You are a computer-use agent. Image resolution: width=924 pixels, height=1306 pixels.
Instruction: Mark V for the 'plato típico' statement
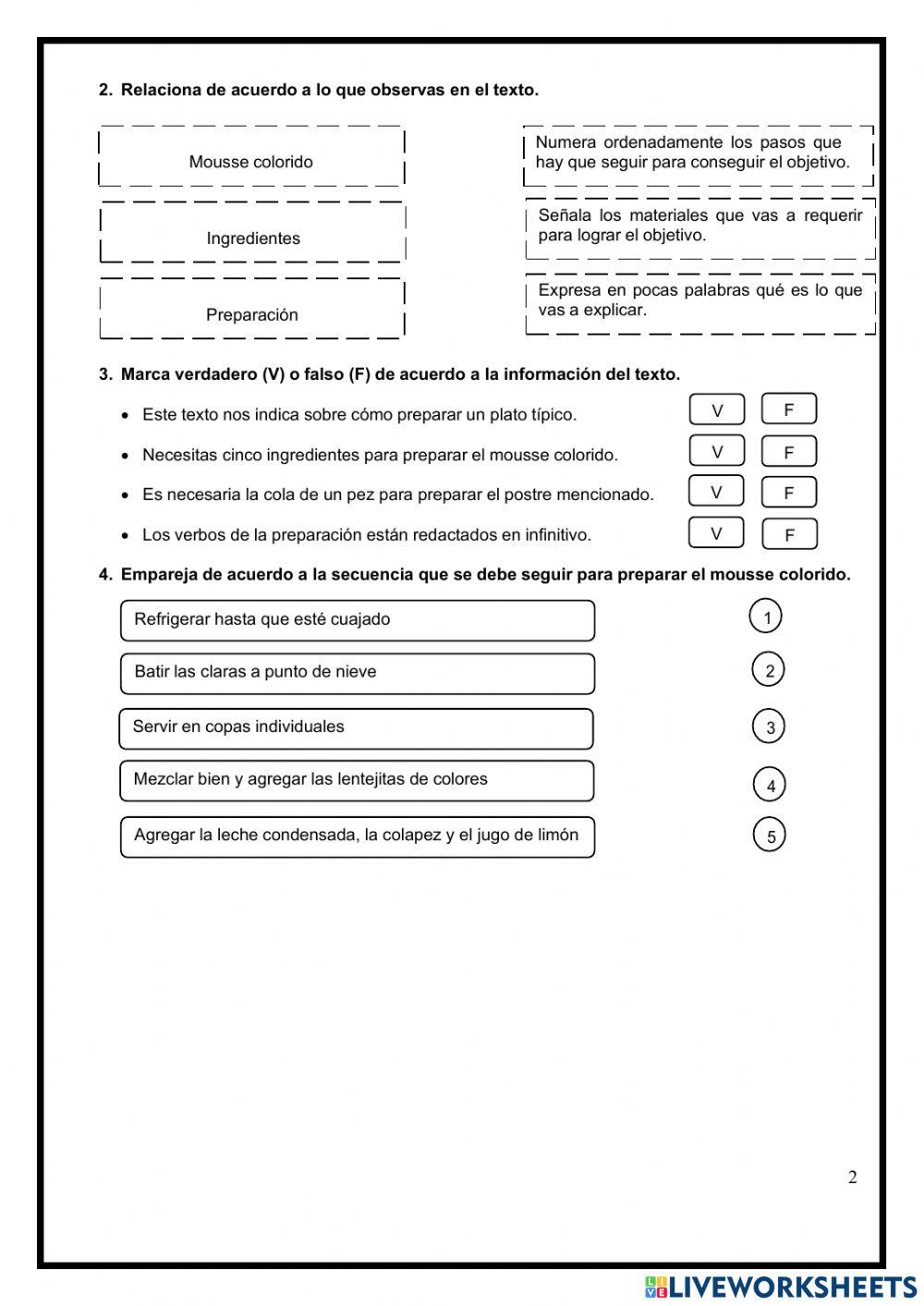click(x=716, y=409)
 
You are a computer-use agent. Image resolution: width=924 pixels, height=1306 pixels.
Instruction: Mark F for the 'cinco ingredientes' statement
click(x=788, y=452)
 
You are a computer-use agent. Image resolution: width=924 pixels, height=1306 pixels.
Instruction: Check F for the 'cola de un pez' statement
click(x=788, y=493)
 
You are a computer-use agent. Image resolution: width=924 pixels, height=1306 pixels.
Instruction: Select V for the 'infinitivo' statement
click(x=716, y=533)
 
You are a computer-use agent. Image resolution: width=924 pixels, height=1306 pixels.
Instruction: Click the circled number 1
click(x=766, y=616)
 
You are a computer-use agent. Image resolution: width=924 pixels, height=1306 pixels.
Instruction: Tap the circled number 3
click(x=769, y=726)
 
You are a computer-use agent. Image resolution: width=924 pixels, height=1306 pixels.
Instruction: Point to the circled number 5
click(x=770, y=836)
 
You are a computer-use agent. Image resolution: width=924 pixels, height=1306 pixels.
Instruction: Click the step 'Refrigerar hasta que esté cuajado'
click(x=357, y=620)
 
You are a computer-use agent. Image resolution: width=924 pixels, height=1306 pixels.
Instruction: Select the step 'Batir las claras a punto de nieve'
click(x=357, y=673)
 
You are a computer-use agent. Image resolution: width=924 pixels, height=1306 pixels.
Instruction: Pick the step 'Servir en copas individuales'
click(x=356, y=728)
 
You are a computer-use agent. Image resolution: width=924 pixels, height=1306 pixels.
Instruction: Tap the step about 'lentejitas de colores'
click(x=357, y=780)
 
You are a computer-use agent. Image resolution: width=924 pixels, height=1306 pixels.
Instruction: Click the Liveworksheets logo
click(x=781, y=1287)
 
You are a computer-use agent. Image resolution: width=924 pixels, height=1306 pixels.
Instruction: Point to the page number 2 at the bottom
click(x=852, y=1177)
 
